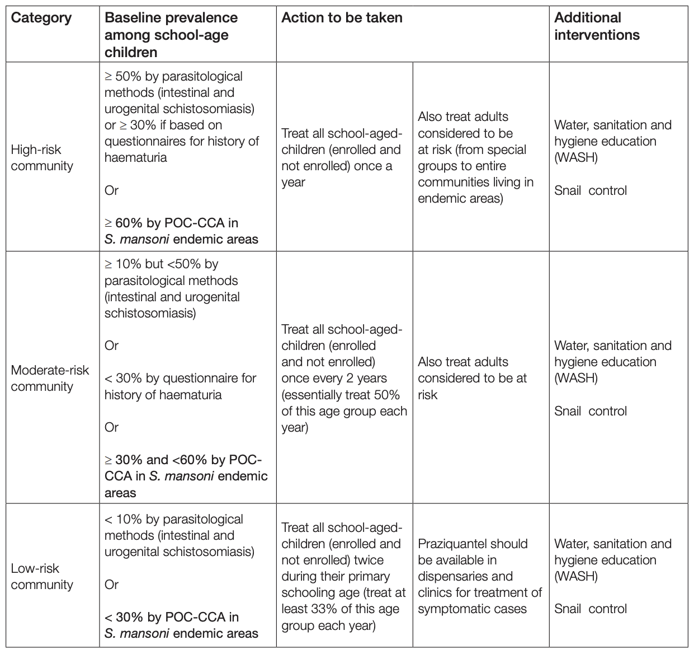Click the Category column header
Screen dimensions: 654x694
point(41,18)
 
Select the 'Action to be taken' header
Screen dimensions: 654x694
point(342,18)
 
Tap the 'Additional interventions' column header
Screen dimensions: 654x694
point(596,26)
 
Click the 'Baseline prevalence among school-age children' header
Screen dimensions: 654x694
point(171,35)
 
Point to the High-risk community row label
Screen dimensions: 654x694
point(42,157)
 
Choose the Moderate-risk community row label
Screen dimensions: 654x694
point(50,378)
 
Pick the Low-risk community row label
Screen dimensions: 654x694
point(42,576)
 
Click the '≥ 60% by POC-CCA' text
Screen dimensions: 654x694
point(171,223)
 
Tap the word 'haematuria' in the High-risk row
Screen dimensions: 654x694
point(135,157)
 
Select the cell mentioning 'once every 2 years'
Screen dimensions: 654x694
point(334,378)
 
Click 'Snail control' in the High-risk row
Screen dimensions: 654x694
point(591,190)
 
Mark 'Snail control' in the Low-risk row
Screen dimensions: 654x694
point(591,609)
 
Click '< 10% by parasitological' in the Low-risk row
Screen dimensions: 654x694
point(174,519)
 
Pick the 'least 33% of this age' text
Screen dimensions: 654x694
point(341,609)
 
